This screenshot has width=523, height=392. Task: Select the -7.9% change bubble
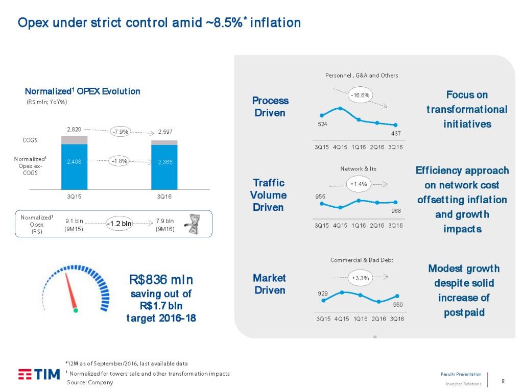121,131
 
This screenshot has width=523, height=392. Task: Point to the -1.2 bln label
118,224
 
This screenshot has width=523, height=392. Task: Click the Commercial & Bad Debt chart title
362,260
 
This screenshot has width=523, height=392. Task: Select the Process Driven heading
270,107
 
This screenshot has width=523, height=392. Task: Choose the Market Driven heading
270,284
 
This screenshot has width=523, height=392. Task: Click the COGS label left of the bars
30,140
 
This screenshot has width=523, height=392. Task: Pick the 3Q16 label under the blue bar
164,197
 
